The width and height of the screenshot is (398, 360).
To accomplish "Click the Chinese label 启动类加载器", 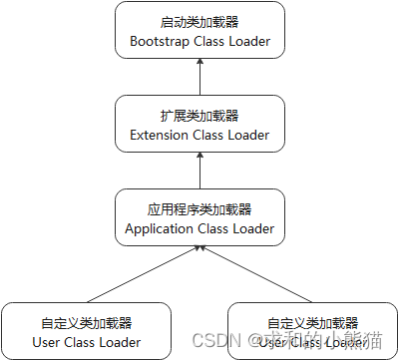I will point(199,22).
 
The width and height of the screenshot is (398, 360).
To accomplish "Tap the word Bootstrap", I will point(163,42).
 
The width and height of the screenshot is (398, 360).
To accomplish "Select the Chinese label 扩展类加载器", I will point(199,116).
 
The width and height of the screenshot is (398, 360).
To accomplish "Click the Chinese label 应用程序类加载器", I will point(199,209).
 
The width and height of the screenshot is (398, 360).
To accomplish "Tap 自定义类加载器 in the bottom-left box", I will point(87,323).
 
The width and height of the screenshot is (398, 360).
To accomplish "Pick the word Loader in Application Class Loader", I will point(252,229).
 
